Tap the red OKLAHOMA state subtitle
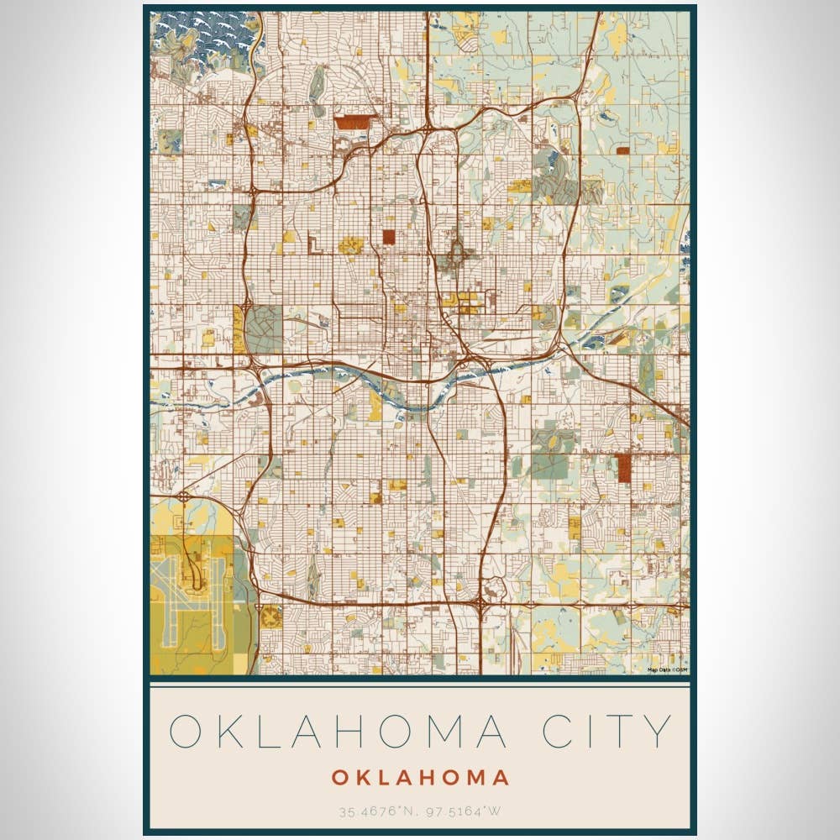pyautogui.click(x=420, y=778)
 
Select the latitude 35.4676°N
pyautogui.click(x=375, y=811)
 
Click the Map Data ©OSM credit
pyautogui.click(x=667, y=669)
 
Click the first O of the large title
pyautogui.click(x=187, y=731)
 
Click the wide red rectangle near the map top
pyautogui.click(x=352, y=123)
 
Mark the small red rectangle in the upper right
pyautogui.click(x=622, y=151)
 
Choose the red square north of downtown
pyautogui.click(x=389, y=237)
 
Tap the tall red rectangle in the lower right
pyautogui.click(x=624, y=469)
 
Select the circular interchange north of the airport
pyautogui.click(x=183, y=496)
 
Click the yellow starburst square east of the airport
pyautogui.click(x=270, y=617)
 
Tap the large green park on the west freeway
pyautogui.click(x=262, y=329)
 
